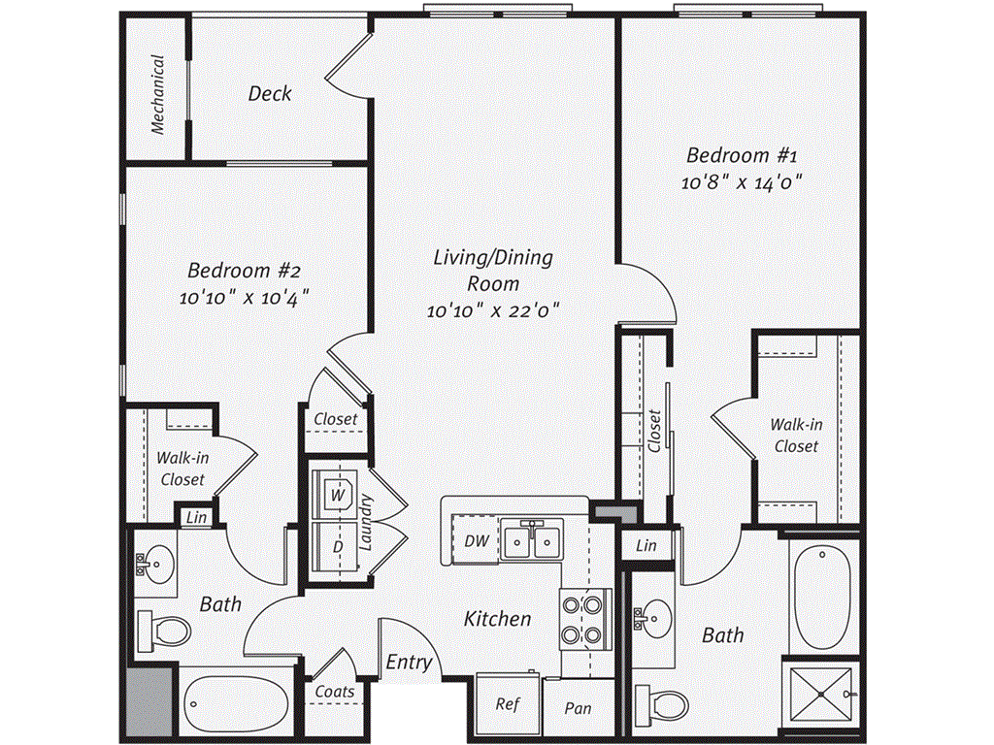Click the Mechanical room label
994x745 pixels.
157,93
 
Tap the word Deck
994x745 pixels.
269,94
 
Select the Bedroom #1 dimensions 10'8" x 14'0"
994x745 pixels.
743,182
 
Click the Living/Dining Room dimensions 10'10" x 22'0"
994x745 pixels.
493,311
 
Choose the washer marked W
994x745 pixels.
338,494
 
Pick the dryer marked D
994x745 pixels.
338,547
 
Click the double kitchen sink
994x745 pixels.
532,539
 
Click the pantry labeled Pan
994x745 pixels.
578,708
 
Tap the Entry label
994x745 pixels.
409,663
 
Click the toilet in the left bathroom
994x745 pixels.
162,632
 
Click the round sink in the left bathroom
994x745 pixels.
155,562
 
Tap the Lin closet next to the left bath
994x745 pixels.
197,518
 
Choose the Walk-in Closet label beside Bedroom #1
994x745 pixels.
796,435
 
